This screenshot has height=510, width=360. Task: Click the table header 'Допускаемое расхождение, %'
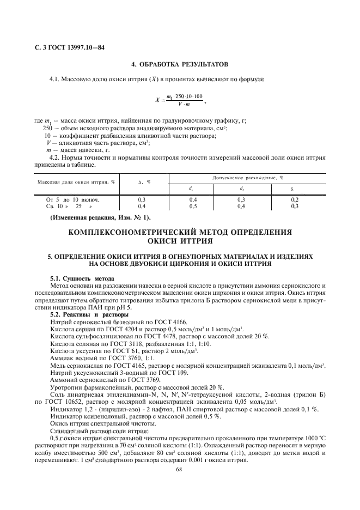[x=247, y=178]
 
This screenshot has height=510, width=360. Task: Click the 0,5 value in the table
[x=192, y=207]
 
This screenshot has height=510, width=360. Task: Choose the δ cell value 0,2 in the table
[x=295, y=200]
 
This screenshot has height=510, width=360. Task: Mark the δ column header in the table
[x=295, y=189]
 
